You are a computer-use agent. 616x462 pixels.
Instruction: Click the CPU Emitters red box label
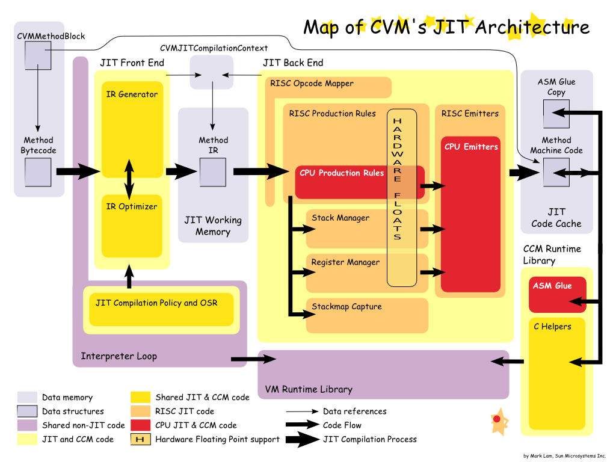coord(471,147)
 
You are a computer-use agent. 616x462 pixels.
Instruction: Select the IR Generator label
coord(132,94)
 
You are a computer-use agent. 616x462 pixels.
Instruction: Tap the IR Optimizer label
coord(132,207)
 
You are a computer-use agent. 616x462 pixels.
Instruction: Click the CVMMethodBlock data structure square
coord(37,56)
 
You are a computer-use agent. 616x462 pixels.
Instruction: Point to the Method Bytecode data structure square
coord(37,172)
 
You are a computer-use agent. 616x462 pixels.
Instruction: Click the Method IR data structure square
coord(213,172)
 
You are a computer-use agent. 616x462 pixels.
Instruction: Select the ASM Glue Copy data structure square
coord(556,113)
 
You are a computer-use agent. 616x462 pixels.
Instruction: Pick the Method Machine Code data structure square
coord(556,172)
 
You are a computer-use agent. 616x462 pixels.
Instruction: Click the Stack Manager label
coord(340,218)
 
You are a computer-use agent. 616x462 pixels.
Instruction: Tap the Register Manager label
coord(345,262)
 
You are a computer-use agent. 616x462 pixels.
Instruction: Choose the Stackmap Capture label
coord(346,307)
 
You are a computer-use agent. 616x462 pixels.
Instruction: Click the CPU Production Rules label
coord(342,173)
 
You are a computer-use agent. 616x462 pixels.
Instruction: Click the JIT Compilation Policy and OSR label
coord(156,303)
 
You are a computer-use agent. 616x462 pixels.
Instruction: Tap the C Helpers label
coord(552,327)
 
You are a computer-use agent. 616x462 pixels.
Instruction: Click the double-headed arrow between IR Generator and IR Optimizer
coord(128,177)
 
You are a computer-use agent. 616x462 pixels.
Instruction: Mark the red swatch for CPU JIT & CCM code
coord(140,425)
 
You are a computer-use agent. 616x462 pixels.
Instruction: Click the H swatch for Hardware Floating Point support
coord(140,440)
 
